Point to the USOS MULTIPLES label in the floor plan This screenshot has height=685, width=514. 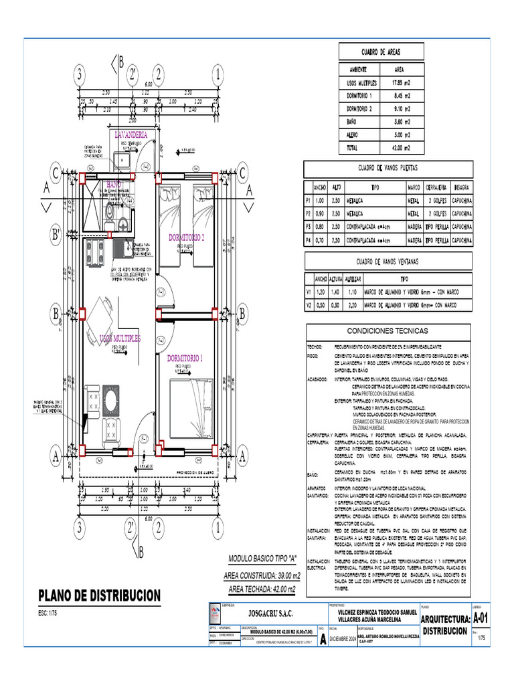120,339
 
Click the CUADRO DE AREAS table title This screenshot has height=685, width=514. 381,52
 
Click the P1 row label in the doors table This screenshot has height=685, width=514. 309,200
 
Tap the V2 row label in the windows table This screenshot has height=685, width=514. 309,306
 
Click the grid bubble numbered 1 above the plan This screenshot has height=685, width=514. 218,74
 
